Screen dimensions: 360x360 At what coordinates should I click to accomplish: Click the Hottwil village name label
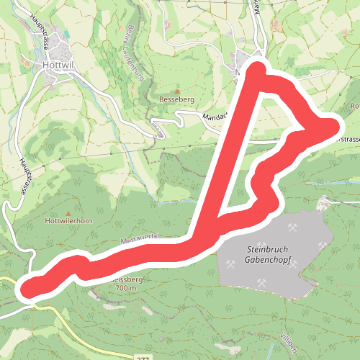tap(55, 63)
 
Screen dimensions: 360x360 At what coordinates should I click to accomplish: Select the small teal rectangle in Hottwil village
tap(68, 35)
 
